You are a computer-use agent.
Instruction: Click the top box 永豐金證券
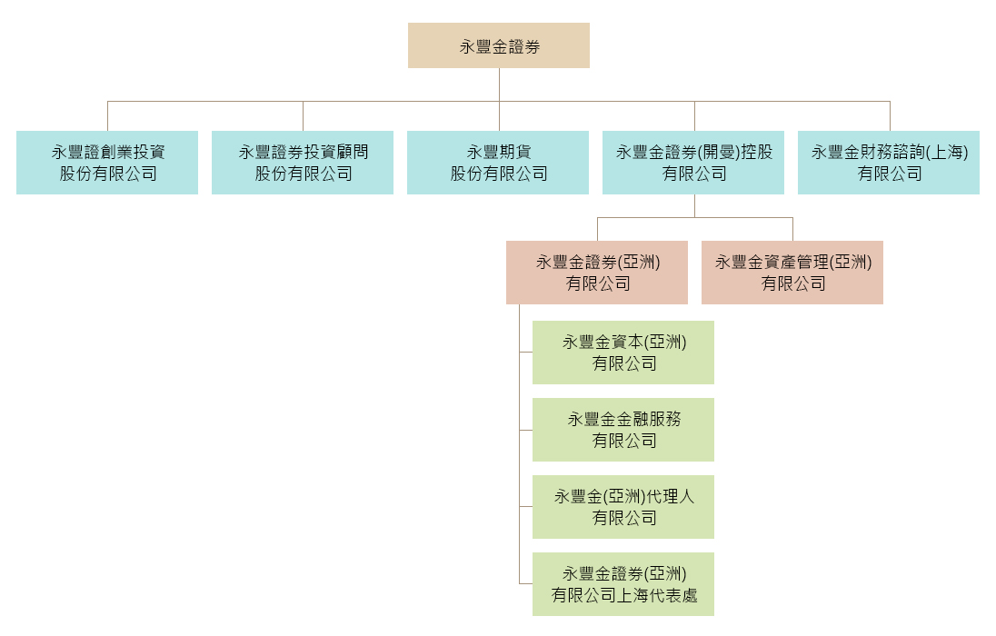[x=498, y=45]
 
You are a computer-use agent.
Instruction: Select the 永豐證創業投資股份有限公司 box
[x=107, y=163]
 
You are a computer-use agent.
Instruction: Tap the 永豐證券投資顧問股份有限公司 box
[x=303, y=163]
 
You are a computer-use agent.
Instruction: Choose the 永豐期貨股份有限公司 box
[x=498, y=163]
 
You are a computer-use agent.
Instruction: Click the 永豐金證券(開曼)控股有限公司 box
[x=693, y=163]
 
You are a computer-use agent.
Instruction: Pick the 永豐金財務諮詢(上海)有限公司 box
[x=889, y=163]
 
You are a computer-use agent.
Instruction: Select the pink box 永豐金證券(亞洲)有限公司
[x=597, y=273]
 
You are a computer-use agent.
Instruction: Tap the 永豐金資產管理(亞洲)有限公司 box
[x=792, y=273]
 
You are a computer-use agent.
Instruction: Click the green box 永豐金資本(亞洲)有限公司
[x=623, y=353]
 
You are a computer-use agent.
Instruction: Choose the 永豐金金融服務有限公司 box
[x=623, y=430]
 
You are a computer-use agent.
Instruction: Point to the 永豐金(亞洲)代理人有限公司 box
[x=623, y=507]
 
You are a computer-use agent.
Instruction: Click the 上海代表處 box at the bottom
[x=623, y=584]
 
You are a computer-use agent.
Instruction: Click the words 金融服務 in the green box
[x=649, y=420]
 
